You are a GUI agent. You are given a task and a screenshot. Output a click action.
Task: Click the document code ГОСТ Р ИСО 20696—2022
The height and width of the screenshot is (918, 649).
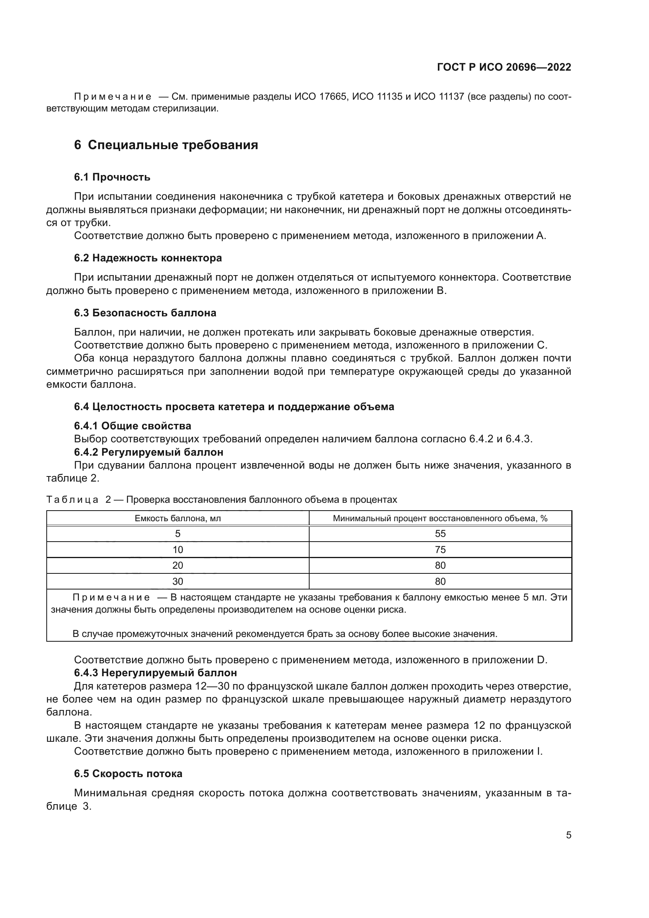click(504, 67)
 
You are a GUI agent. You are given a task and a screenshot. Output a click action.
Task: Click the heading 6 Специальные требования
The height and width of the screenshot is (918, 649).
click(166, 145)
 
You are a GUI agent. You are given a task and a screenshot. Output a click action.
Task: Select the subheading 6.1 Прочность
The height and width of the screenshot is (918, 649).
click(112, 177)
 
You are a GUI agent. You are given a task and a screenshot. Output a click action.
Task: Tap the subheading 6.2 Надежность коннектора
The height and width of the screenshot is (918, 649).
click(148, 258)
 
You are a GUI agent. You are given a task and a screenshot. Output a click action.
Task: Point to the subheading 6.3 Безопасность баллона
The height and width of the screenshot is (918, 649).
click(145, 313)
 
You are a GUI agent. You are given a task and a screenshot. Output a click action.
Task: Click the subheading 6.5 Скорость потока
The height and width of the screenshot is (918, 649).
click(128, 773)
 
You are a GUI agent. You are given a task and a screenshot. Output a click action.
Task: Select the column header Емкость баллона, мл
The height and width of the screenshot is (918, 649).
click(178, 518)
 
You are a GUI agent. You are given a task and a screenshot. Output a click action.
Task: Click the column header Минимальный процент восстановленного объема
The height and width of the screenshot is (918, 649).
click(440, 518)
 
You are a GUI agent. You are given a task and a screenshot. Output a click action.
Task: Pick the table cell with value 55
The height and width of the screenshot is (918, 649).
click(440, 534)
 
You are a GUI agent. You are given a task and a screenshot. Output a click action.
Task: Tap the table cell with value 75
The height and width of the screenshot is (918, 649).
click(440, 550)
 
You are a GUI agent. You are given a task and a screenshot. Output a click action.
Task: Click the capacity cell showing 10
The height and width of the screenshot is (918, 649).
click(178, 550)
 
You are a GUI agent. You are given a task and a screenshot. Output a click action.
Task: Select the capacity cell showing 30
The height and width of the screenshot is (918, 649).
click(178, 581)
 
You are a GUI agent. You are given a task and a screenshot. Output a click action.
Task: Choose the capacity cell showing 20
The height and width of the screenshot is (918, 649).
click(178, 565)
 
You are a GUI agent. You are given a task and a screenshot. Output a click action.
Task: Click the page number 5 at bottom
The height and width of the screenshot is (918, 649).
click(568, 835)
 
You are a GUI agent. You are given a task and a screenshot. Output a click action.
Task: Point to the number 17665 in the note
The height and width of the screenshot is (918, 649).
click(332, 97)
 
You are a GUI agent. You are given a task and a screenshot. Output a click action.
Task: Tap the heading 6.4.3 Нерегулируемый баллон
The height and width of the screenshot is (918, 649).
click(155, 673)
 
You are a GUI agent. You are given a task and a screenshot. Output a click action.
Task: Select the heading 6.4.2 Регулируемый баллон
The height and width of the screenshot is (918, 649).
click(148, 452)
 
